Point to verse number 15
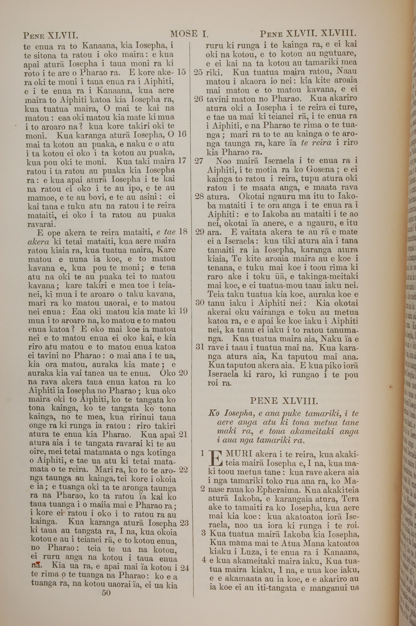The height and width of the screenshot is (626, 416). pos(181,72)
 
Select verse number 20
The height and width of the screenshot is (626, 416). pos(183,373)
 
